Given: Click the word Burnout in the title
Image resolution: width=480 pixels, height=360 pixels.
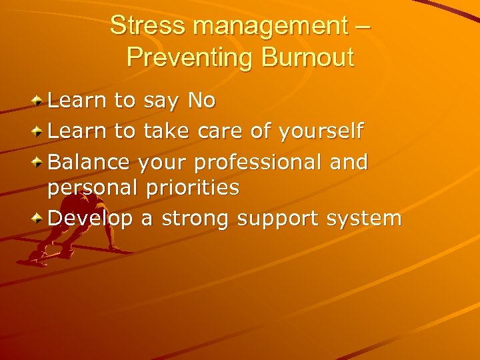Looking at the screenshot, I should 307,57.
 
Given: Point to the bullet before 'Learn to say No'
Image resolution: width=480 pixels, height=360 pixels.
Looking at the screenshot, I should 39,101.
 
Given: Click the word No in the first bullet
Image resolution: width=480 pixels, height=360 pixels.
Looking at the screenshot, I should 202,101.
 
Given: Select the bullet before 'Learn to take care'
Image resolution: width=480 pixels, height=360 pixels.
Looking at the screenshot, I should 39,131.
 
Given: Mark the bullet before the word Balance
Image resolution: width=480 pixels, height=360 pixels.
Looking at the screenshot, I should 39,162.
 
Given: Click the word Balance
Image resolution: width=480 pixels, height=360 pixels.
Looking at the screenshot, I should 91,162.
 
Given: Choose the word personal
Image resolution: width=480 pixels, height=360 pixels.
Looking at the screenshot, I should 91,189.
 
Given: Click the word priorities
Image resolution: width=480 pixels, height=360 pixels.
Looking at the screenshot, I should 194,189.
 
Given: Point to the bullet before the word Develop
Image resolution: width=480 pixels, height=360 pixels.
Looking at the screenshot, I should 39,219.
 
